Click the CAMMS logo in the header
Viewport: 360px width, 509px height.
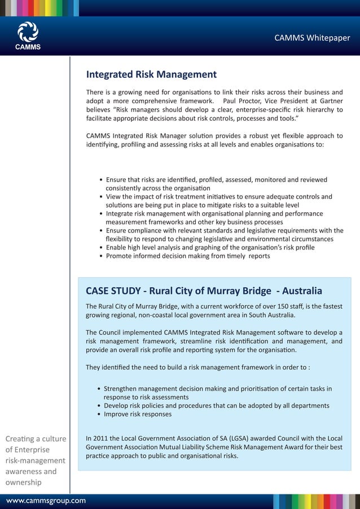pyautogui.click(x=28, y=36)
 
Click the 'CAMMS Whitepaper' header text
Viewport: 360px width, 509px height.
pyautogui.click(x=312, y=38)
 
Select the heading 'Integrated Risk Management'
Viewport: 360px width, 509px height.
pyautogui.click(x=151, y=74)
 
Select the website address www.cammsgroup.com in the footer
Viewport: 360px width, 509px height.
pyautogui.click(x=46, y=501)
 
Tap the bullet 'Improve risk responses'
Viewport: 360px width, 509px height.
pyautogui.click(x=138, y=414)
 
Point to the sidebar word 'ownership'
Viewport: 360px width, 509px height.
pyautogui.click(x=23, y=482)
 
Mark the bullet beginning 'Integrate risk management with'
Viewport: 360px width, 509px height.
pyautogui.click(x=214, y=214)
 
